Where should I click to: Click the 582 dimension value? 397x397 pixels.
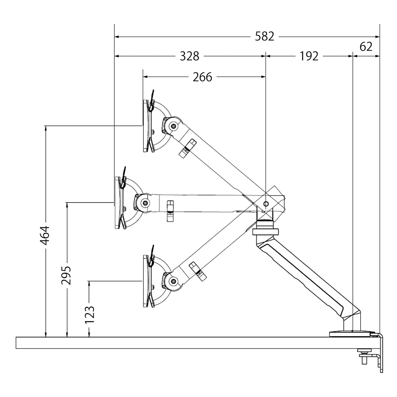pos(265,36)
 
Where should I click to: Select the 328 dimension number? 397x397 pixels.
pos(190,56)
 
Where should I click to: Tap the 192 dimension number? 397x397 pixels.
pos(309,56)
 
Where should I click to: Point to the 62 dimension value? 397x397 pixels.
pos(366,47)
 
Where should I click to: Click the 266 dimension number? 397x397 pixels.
pos(202,77)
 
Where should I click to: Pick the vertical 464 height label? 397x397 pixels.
pos(45,235)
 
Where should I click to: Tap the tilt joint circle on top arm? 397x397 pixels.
pos(172,125)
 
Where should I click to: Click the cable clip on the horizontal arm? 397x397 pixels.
pos(170,211)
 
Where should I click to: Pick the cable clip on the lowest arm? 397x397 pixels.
pos(197,271)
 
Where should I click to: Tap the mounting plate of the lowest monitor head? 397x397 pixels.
pos(146,281)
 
